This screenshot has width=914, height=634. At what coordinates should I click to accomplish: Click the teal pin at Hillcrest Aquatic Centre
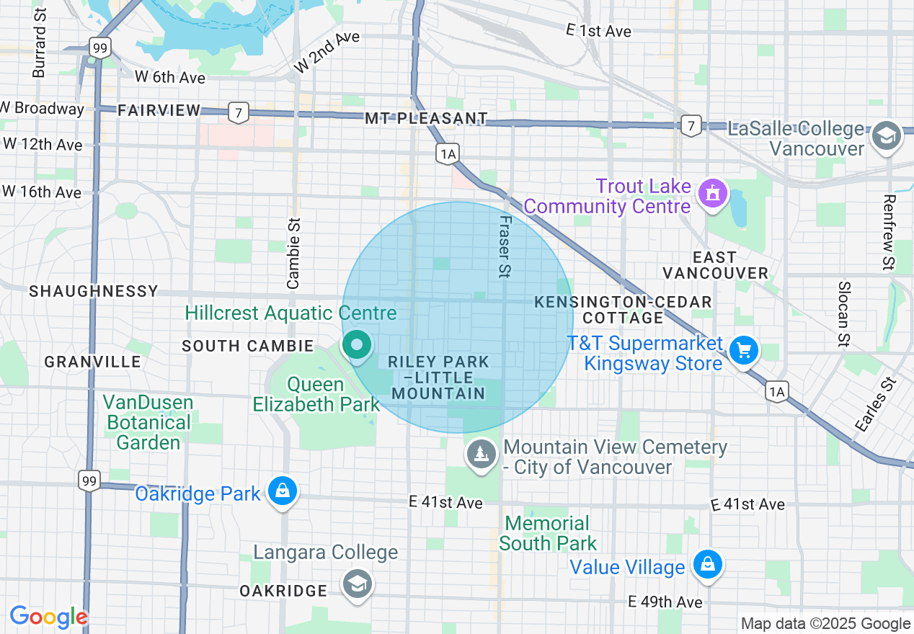pos(356,345)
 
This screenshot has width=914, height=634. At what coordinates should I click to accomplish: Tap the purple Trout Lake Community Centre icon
pos(713,193)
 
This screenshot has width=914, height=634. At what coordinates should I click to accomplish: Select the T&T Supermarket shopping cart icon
pos(744,352)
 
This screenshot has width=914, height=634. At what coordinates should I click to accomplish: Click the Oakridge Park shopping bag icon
pos(283,492)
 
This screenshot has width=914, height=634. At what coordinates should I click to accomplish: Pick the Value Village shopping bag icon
pos(708,565)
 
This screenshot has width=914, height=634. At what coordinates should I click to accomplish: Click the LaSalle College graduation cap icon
pos(886,136)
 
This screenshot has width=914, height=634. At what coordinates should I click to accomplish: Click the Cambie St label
pos(293,254)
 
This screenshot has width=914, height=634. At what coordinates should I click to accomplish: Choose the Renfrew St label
pos(889,233)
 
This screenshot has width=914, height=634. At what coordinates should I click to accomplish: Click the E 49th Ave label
pos(665,602)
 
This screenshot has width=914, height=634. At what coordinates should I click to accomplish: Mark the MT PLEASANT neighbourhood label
pos(426,118)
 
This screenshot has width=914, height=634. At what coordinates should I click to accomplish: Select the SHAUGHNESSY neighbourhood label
pos(93,291)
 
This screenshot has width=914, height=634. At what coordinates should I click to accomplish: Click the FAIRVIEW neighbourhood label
pos(159,110)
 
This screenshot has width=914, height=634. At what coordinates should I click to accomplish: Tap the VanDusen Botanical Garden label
pos(148,422)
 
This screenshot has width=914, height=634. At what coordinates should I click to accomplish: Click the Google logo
pos(49,617)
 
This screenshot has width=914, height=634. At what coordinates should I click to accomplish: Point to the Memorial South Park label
pos(548,533)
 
